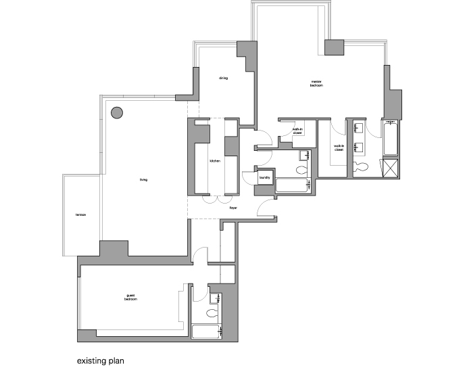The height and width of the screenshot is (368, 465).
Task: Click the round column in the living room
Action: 117,112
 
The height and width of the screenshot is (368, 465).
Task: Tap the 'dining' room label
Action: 223,78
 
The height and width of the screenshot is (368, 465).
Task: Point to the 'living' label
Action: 143,179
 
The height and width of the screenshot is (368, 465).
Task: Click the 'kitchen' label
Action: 215,161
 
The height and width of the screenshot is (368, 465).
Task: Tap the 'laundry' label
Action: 264,178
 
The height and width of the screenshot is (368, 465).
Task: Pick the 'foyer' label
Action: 233,208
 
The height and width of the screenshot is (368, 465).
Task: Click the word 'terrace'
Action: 81,216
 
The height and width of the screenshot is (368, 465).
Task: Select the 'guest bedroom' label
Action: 131,297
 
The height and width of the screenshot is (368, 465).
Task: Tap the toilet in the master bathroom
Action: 361,166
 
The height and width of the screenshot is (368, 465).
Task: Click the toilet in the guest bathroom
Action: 212,313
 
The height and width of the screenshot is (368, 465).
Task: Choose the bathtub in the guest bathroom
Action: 207,331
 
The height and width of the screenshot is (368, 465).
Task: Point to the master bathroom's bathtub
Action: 391,139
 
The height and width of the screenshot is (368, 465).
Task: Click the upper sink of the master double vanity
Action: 358,128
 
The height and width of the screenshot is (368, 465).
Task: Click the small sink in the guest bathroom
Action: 216,297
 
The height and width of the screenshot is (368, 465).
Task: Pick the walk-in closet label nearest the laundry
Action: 297,131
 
